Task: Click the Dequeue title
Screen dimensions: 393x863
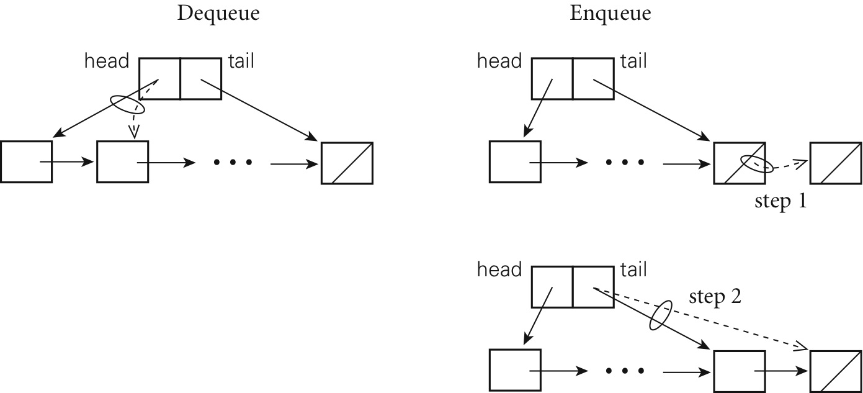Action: [218, 14]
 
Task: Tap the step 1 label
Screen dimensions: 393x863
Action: [780, 202]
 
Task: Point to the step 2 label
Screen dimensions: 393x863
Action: [715, 298]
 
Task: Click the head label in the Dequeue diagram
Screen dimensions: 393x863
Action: [107, 61]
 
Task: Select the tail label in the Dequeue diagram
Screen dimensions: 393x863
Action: [241, 61]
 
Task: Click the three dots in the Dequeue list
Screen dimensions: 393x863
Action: [233, 163]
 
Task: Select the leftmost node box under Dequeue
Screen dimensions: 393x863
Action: [26, 162]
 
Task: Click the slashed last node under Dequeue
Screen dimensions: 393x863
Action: [347, 163]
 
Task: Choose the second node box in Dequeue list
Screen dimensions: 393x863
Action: [123, 162]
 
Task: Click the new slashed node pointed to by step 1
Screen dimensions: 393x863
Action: [836, 163]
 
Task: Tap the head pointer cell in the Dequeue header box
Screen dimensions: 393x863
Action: [159, 78]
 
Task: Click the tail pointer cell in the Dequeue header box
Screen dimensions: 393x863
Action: [200, 78]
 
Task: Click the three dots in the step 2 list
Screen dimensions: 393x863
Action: [625, 371]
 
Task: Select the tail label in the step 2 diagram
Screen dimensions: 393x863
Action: [633, 270]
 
